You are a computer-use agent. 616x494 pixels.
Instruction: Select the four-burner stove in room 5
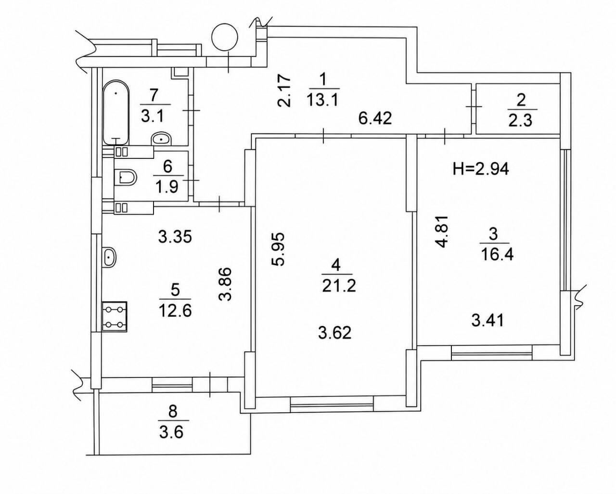click(x=115, y=316)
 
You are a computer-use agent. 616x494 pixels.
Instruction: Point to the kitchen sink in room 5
click(x=109, y=256)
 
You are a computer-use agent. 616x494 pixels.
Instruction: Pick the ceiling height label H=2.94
click(x=481, y=169)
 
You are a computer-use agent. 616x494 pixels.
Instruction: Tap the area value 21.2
click(x=339, y=286)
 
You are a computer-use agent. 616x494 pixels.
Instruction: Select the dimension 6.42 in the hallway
click(x=375, y=118)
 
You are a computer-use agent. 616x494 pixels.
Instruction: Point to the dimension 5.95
click(x=278, y=249)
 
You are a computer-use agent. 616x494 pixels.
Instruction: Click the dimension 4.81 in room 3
click(x=441, y=232)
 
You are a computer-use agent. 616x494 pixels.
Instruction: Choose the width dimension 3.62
click(x=334, y=333)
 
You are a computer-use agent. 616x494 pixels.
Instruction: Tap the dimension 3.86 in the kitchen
click(x=225, y=284)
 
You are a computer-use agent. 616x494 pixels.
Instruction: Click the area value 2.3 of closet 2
click(x=520, y=120)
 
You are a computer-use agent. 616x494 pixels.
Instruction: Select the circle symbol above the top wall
click(x=225, y=37)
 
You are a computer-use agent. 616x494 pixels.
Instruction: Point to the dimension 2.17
click(x=284, y=91)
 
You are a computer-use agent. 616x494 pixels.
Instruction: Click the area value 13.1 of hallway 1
click(x=322, y=100)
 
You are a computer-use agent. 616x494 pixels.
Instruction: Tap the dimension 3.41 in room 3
click(x=488, y=321)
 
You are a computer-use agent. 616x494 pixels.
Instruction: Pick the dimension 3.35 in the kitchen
click(x=175, y=237)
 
